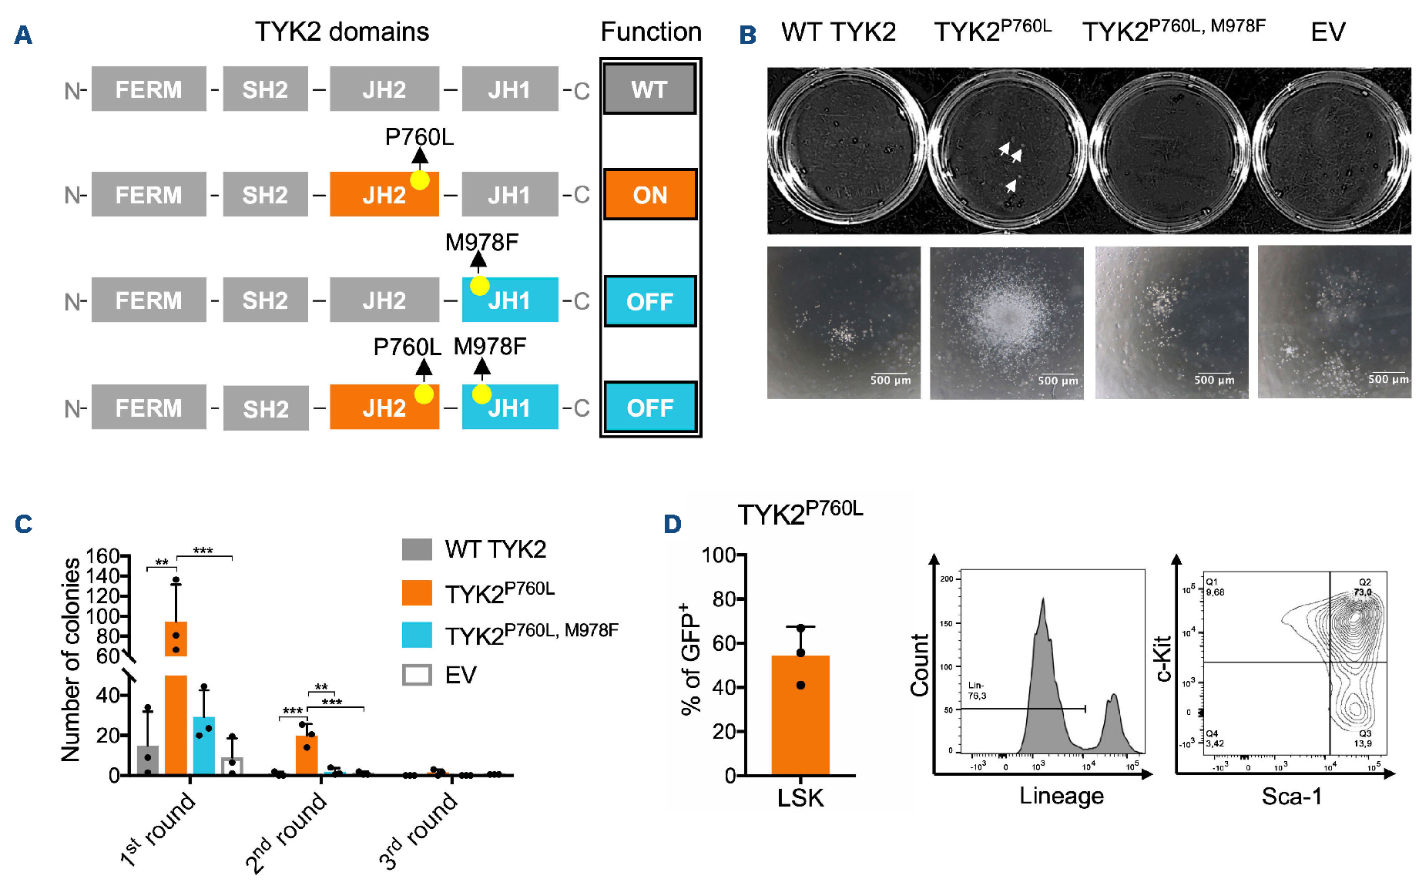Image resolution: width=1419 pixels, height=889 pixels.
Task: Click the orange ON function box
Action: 649,195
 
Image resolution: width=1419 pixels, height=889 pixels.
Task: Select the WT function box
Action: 649,89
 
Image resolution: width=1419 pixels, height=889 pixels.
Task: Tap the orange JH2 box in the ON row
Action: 384,194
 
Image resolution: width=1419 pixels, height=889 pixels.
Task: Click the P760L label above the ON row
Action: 419,137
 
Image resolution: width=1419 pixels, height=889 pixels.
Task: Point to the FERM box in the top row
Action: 149,89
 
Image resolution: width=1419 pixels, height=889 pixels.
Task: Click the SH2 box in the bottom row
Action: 266,408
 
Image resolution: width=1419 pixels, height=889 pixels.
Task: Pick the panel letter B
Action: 747,35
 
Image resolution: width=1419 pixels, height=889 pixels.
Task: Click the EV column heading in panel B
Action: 1327,32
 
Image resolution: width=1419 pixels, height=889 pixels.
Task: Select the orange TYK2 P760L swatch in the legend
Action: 417,592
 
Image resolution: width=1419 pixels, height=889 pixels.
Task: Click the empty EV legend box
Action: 417,675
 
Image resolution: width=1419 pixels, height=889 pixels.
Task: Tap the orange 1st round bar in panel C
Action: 176,697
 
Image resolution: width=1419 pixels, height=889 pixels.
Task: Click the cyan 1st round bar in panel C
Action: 204,745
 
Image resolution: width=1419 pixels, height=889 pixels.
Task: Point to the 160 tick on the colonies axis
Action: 102,556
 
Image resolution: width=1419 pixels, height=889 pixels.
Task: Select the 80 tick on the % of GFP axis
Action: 723,599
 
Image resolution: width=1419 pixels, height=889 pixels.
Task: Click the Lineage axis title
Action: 1061,796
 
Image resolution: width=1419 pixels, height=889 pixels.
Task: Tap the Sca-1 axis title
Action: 1291,797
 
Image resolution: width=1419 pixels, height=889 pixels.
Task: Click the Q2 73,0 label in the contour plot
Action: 1363,587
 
